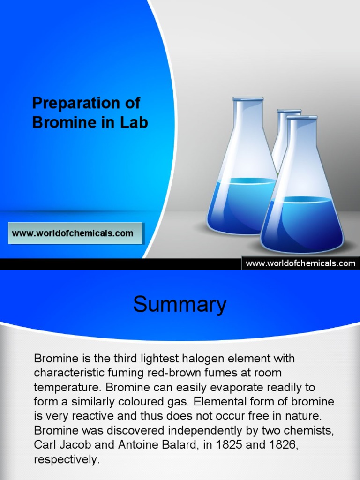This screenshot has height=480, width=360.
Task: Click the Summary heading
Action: (x=180, y=305)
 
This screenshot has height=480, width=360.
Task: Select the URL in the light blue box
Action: (x=73, y=233)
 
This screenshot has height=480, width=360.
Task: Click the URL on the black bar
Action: (x=300, y=263)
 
